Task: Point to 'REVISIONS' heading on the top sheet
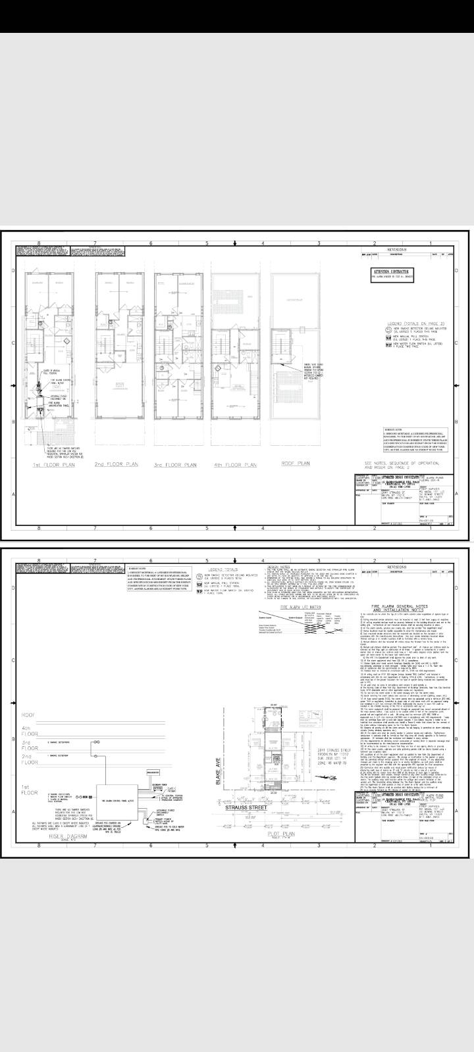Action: click(397, 251)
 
